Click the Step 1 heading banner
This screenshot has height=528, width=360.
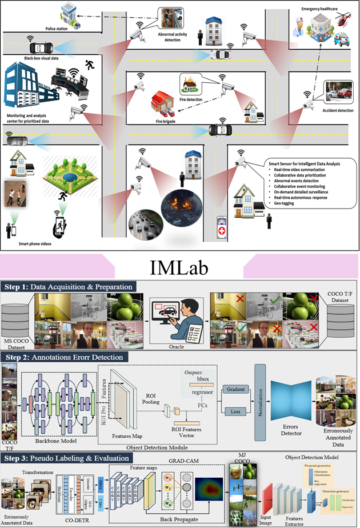pyautogui.click(x=69, y=287)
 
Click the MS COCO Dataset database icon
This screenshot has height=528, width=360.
pyautogui.click(x=18, y=317)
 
